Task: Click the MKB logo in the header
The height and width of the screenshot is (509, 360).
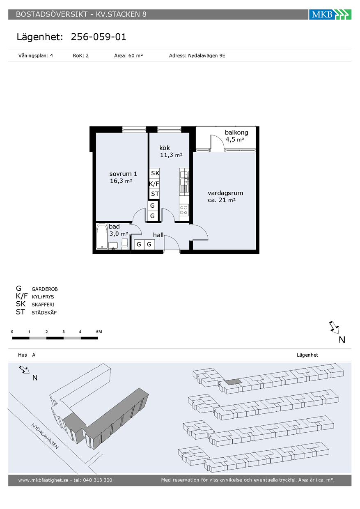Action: (330, 14)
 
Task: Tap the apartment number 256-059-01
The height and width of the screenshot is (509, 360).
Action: (99, 37)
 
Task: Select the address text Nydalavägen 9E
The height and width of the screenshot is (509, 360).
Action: (206, 56)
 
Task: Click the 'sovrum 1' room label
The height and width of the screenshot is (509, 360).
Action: (123, 174)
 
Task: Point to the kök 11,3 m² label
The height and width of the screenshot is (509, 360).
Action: (171, 151)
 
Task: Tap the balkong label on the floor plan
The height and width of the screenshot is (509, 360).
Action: (236, 133)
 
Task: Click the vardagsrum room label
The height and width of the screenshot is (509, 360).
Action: (225, 193)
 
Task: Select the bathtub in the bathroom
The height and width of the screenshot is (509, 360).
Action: (102, 236)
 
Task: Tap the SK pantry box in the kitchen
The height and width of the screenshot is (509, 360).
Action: (154, 173)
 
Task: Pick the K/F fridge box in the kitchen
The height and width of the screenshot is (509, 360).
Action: (154, 183)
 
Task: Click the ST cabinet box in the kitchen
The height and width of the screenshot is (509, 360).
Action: (154, 194)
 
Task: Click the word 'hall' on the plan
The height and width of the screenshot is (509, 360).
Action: (158, 235)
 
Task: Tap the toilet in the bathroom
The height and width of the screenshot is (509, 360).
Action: (124, 244)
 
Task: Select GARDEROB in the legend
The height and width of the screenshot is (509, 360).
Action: (45, 289)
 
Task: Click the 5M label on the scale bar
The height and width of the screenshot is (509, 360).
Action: (99, 332)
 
